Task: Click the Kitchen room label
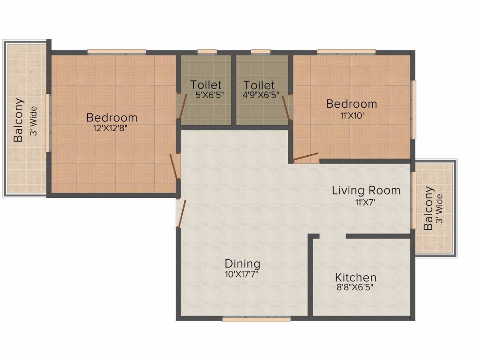(355, 277)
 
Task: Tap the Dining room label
(242, 263)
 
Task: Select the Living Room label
(366, 190)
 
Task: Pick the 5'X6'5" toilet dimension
(210, 94)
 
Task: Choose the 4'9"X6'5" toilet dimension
(261, 94)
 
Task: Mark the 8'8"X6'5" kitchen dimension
(354, 287)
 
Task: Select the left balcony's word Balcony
(18, 120)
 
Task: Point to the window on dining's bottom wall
(256, 319)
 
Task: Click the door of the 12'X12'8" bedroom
(175, 166)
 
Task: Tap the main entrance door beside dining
(182, 214)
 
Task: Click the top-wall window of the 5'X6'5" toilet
(207, 52)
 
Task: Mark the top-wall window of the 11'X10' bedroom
(346, 52)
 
